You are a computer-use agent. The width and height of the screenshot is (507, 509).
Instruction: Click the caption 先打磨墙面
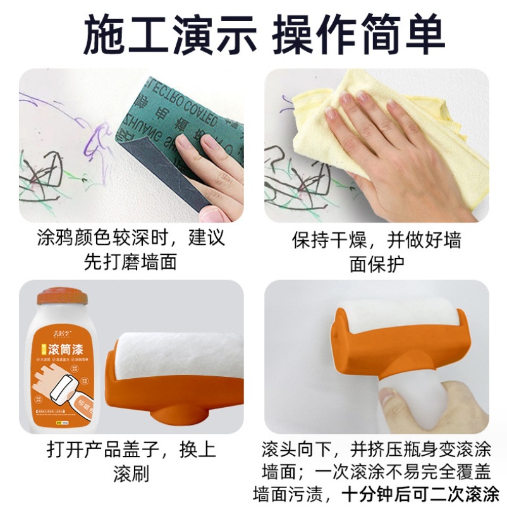click(x=131, y=261)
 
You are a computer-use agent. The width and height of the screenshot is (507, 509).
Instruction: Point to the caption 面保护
click(x=376, y=264)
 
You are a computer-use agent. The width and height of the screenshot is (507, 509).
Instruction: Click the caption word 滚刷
click(x=131, y=474)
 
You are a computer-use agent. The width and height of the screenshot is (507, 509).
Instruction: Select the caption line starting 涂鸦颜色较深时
click(x=131, y=238)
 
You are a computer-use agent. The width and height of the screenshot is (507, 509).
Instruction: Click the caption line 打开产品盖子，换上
click(x=131, y=450)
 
